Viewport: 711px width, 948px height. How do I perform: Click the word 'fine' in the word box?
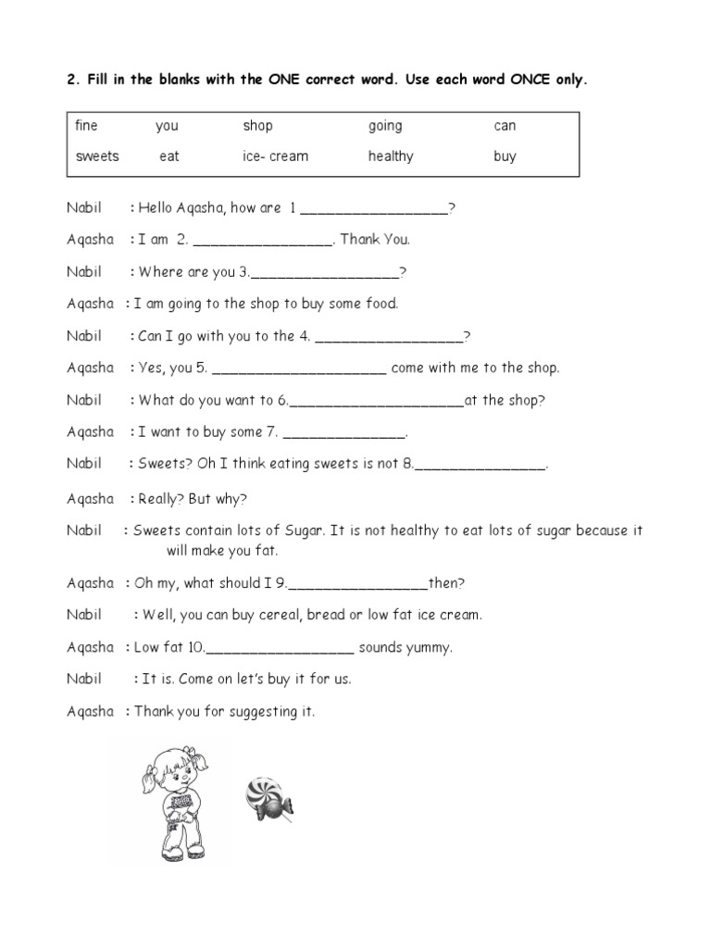86,126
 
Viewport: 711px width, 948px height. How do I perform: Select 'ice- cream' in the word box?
275,156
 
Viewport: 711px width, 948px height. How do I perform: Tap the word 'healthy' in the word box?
390,156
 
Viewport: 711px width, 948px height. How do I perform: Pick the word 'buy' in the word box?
505,156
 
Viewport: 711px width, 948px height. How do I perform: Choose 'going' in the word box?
385,127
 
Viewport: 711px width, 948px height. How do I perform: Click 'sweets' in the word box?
97,156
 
